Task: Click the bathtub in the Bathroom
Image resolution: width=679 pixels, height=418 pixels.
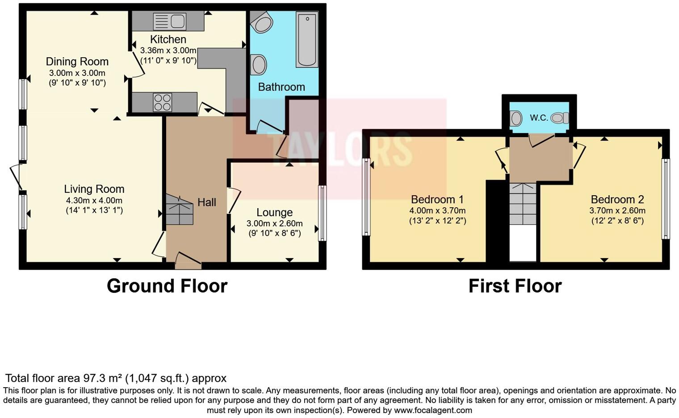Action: [x=307, y=39]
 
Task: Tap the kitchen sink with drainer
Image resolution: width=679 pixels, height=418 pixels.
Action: [x=169, y=21]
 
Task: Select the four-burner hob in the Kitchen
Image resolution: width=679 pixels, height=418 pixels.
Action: [x=163, y=102]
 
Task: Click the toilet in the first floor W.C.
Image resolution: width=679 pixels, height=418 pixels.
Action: [x=559, y=118]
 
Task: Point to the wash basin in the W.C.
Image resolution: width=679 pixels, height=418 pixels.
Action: [x=516, y=118]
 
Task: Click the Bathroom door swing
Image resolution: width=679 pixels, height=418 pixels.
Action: [x=269, y=126]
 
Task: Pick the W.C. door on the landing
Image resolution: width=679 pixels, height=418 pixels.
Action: [x=541, y=140]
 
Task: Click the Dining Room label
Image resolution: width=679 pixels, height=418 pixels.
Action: [x=77, y=62]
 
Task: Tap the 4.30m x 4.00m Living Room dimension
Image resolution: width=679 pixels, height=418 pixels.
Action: [x=94, y=201]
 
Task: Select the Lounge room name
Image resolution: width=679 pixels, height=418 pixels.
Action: [x=274, y=213]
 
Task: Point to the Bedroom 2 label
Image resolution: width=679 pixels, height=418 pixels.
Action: [x=617, y=200]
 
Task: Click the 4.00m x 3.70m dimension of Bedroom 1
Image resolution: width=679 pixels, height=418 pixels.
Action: [x=437, y=211]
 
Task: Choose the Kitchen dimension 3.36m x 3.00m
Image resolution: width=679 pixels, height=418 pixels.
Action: [x=168, y=50]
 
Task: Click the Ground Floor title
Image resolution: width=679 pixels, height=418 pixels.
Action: [x=167, y=286]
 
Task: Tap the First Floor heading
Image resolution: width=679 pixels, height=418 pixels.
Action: [x=515, y=286]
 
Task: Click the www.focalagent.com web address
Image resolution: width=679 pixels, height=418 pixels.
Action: [x=432, y=410]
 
